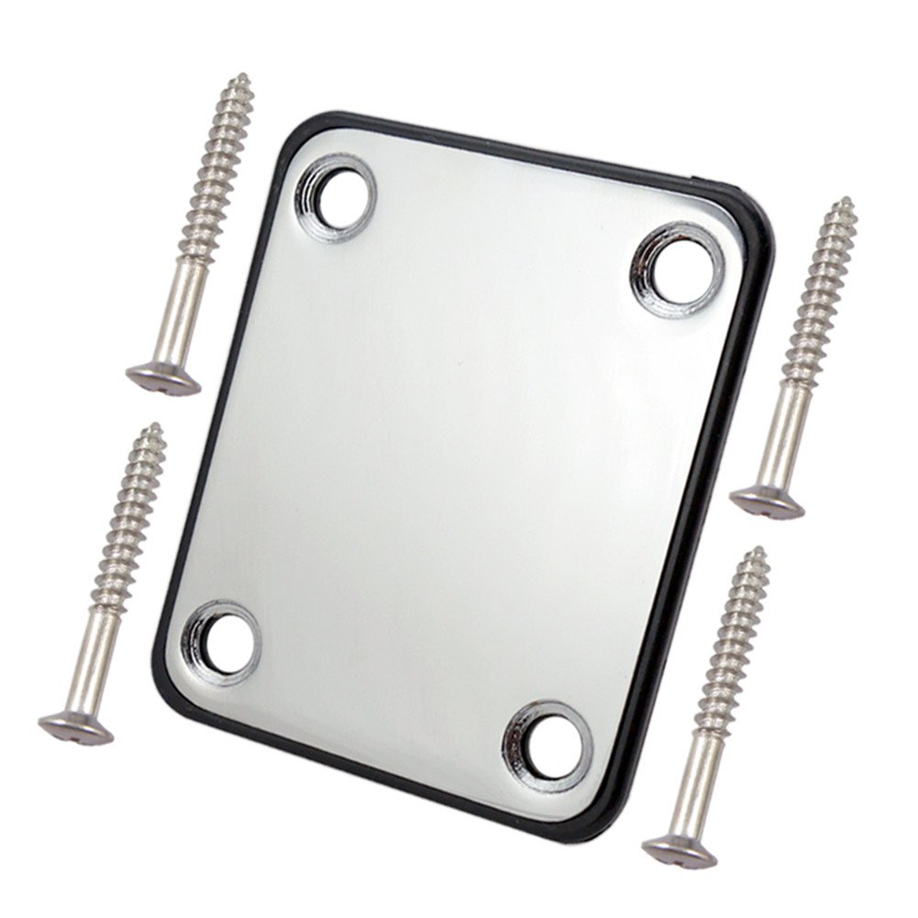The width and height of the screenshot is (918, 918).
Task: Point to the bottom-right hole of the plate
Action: click(547, 744)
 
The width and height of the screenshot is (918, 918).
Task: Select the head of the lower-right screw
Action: click(679, 851)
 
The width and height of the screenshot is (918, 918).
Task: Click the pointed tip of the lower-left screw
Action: click(158, 426)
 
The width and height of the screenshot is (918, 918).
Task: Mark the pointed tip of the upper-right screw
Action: click(849, 201)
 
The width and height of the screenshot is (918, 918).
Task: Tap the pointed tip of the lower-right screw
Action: click(760, 550)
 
